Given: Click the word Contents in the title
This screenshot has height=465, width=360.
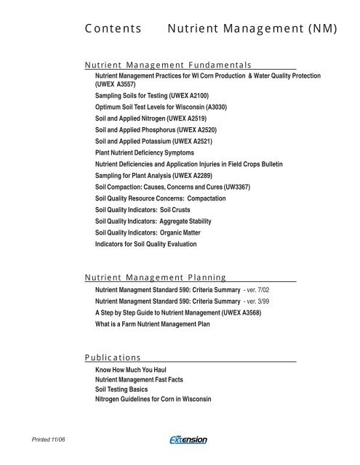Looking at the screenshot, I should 112,30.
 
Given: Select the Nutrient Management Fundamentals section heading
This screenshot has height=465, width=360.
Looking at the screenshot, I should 168,65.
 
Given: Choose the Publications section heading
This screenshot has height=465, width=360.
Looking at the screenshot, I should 113,357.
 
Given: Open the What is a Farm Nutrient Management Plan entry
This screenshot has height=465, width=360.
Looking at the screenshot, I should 153,323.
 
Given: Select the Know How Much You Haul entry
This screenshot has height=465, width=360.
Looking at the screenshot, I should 127,370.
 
